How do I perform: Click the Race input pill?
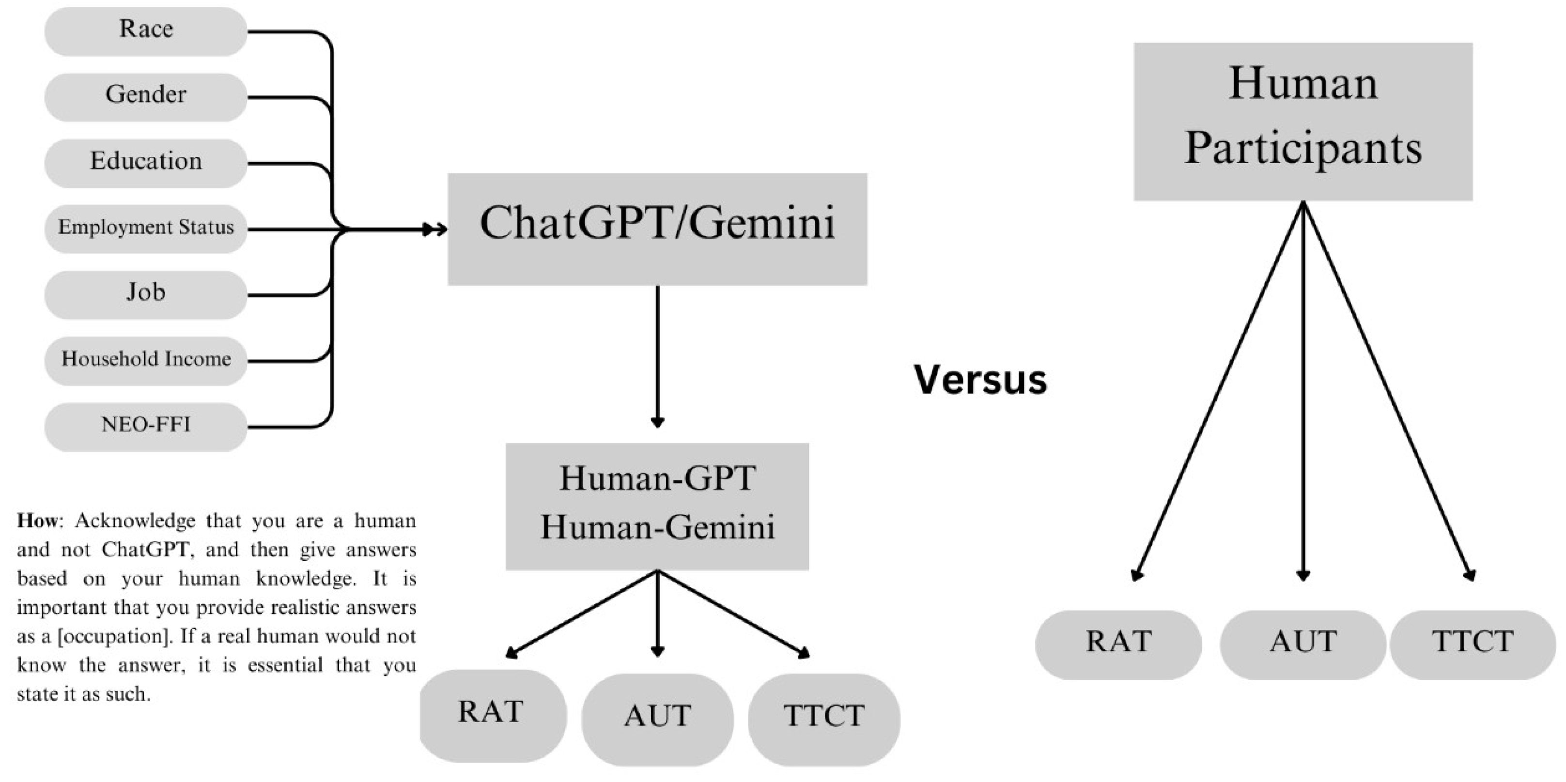pyautogui.click(x=146, y=31)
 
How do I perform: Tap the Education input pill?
pyautogui.click(x=146, y=163)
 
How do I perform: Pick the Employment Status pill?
pyautogui.click(x=146, y=229)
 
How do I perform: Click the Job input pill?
pyautogui.click(x=146, y=294)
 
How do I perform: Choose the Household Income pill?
pyautogui.click(x=146, y=360)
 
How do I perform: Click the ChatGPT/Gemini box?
pyautogui.click(x=657, y=229)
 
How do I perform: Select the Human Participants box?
pyautogui.click(x=1303, y=121)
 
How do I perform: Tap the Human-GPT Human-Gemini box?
pyautogui.click(x=657, y=506)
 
